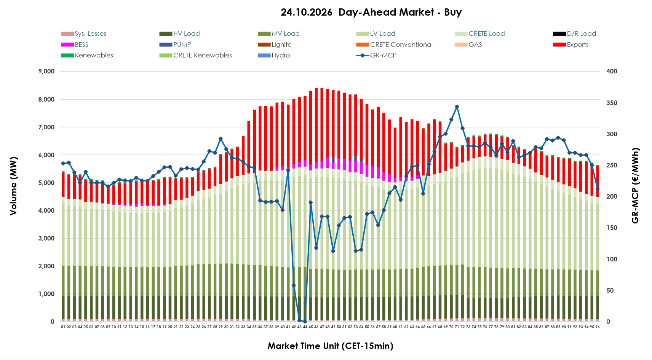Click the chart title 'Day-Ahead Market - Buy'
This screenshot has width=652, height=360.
click(x=400, y=12)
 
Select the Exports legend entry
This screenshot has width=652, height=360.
click(x=571, y=45)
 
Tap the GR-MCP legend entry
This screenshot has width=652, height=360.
click(x=376, y=55)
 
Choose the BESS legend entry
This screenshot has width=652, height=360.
click(x=75, y=45)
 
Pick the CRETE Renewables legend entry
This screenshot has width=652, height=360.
click(x=196, y=55)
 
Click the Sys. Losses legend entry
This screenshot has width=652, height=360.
click(x=83, y=34)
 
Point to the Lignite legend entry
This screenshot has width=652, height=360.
click(x=275, y=45)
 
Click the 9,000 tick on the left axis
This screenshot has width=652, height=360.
click(x=46, y=71)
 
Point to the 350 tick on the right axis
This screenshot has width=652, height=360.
click(x=612, y=103)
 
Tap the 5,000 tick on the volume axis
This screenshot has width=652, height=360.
click(x=46, y=183)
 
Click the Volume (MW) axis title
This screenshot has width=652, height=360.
click(x=13, y=186)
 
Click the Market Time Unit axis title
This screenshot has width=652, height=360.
click(x=330, y=346)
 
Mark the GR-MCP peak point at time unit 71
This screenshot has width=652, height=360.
click(x=457, y=107)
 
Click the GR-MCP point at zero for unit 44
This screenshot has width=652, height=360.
click(x=305, y=322)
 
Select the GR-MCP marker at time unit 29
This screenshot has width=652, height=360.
click(x=221, y=139)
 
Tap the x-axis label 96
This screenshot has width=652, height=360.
click(x=598, y=327)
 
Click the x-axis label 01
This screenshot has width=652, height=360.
click(x=63, y=327)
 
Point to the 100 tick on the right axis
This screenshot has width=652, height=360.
click(x=612, y=259)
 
